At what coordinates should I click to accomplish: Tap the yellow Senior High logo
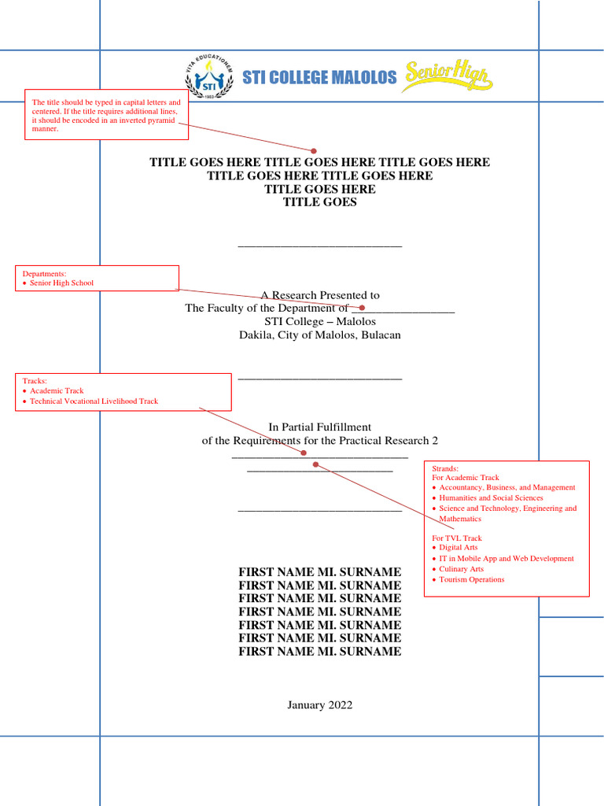(447, 77)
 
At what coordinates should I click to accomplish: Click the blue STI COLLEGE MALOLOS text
(319, 77)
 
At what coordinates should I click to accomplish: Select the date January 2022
(319, 705)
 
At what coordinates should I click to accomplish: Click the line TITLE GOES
(319, 202)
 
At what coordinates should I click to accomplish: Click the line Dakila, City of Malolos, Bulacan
(319, 335)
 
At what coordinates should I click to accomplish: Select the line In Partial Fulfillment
(319, 427)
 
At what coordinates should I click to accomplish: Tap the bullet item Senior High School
(61, 283)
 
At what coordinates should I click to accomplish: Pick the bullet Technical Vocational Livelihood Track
(94, 401)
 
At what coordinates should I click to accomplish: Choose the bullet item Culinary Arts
(461, 569)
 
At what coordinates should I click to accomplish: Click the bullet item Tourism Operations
(471, 580)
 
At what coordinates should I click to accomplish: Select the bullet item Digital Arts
(458, 547)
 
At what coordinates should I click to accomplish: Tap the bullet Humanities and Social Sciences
(491, 498)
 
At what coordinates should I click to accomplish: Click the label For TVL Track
(457, 538)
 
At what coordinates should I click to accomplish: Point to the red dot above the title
(314, 150)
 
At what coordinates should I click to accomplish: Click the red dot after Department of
(362, 308)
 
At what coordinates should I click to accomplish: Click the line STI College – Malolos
(319, 322)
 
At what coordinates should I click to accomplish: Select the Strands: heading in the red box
(445, 468)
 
